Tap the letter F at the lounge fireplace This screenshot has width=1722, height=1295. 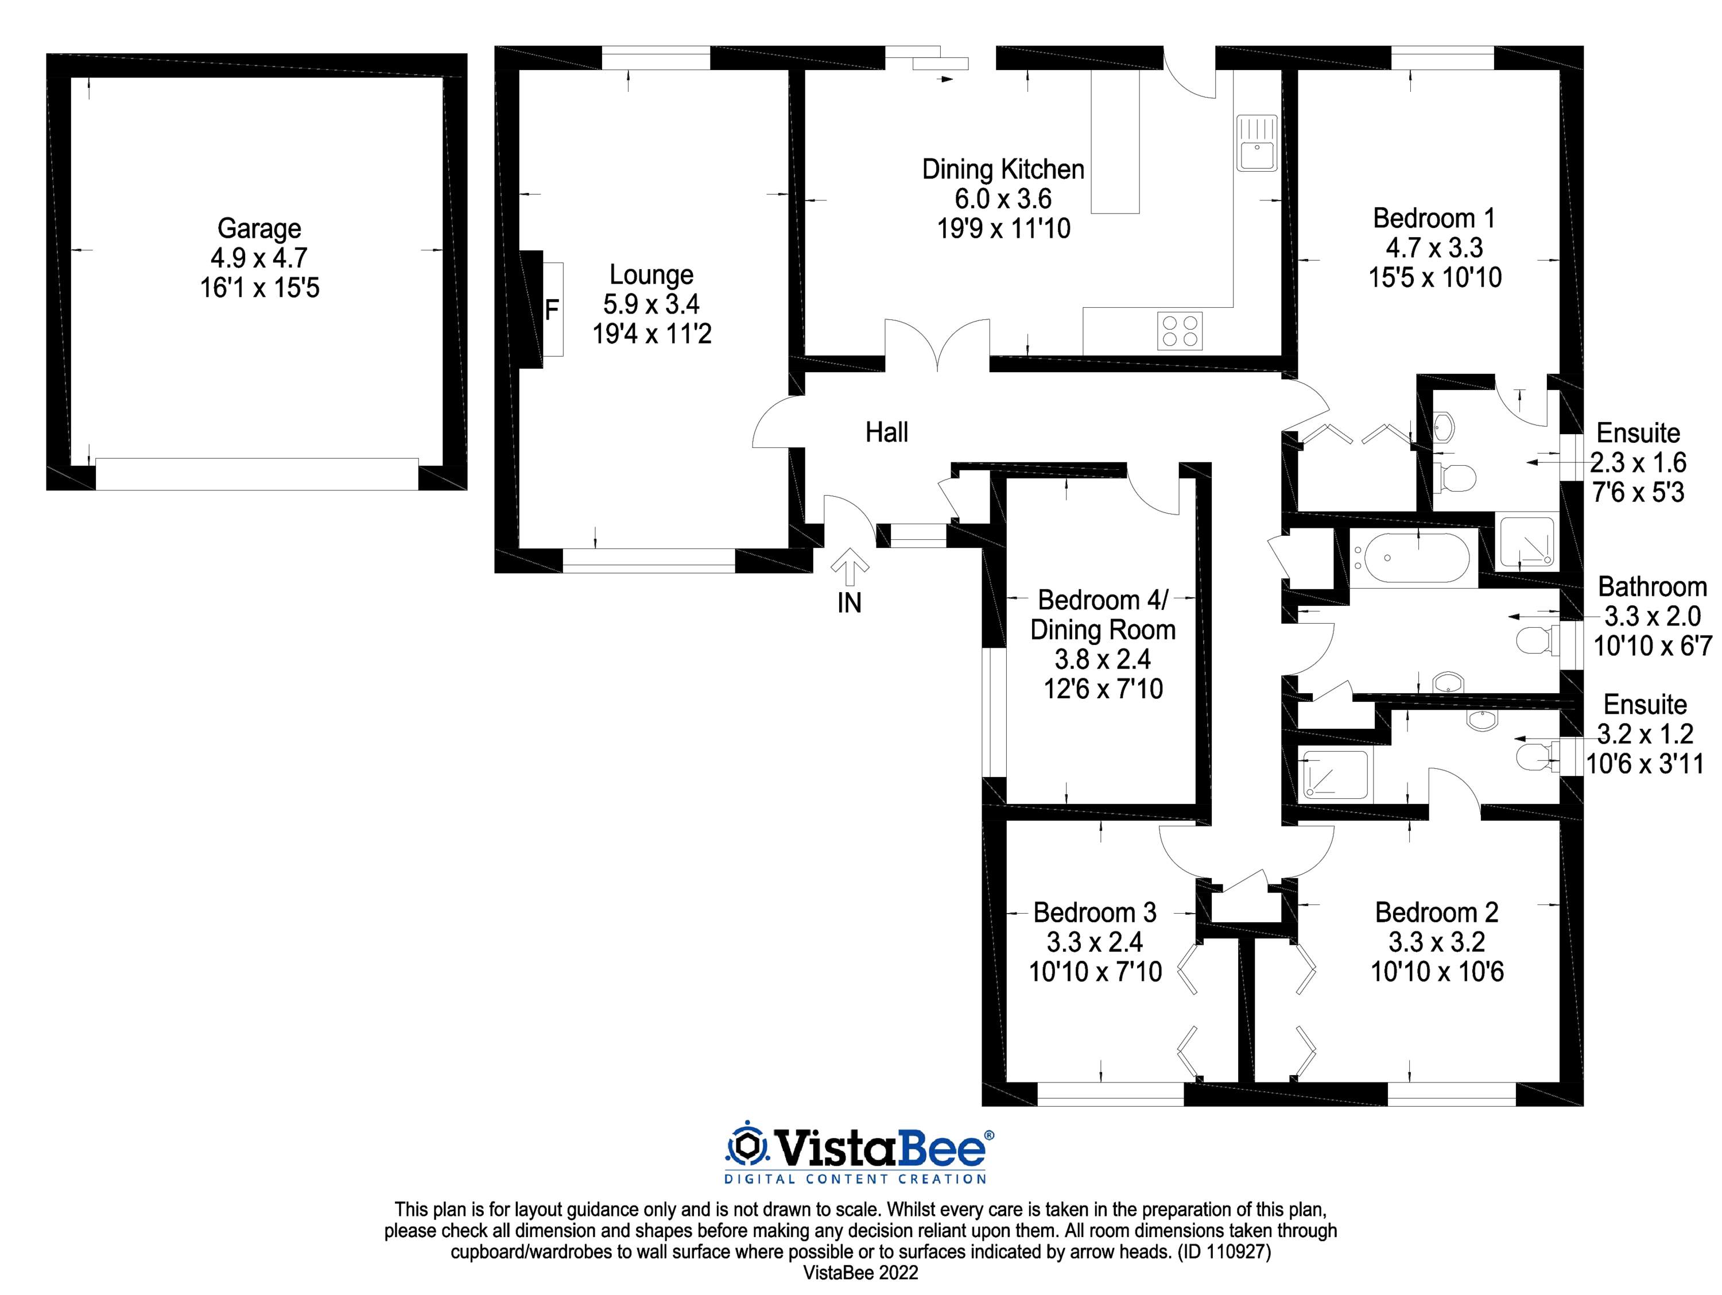coord(551,311)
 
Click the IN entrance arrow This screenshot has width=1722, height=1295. coord(850,567)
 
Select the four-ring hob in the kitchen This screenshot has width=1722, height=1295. coord(1180,330)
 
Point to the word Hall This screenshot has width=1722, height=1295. coord(887,432)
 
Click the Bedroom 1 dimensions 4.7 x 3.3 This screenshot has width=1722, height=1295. coord(1434,248)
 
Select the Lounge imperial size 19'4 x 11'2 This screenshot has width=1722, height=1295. coord(651,334)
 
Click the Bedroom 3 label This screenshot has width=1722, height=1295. coord(1095,912)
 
